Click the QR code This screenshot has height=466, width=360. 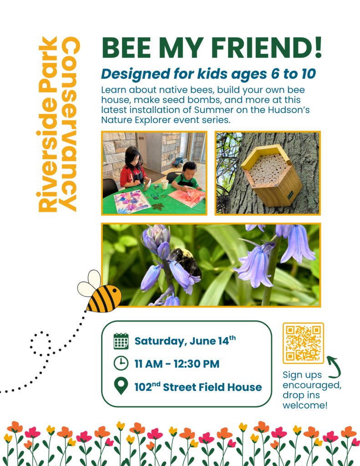(x=303, y=343)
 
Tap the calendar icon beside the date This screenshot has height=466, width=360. (x=121, y=341)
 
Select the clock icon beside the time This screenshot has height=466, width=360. (x=121, y=364)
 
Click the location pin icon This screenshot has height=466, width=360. (x=121, y=387)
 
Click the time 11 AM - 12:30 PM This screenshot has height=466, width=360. (x=177, y=364)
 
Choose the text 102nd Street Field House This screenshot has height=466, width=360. (x=198, y=387)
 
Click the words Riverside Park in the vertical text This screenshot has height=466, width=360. (x=49, y=124)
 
